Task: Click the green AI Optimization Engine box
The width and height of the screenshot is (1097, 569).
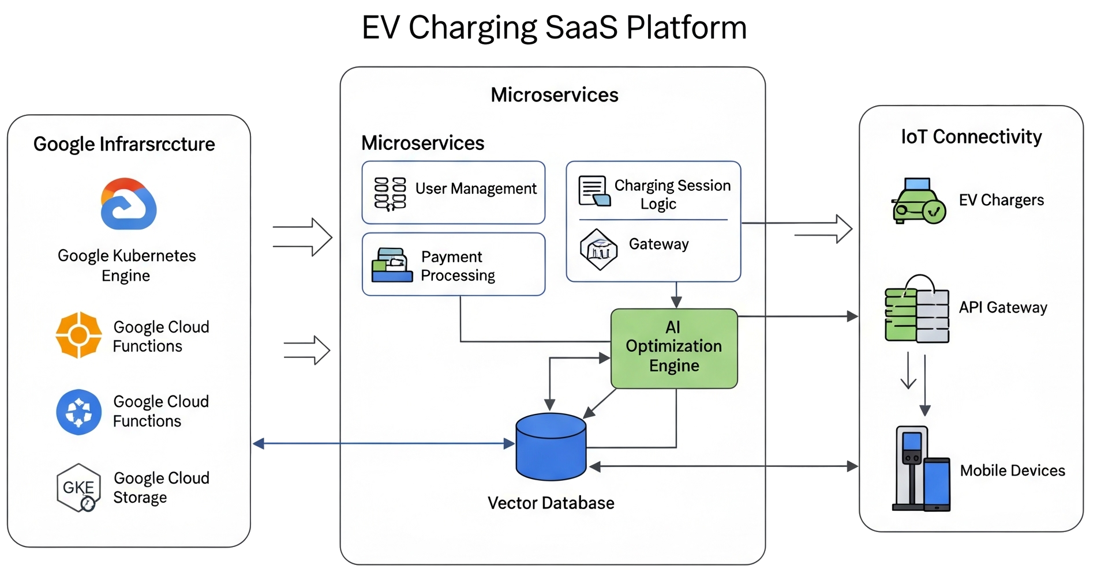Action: (674, 348)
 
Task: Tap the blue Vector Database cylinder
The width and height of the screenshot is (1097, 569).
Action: (551, 447)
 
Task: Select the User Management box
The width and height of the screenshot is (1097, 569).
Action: (454, 192)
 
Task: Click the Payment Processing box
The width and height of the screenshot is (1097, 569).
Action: (454, 264)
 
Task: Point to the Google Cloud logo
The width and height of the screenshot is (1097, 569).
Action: (129, 204)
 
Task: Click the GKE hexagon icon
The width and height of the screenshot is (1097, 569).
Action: (79, 488)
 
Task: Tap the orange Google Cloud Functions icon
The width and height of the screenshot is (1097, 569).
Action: (79, 335)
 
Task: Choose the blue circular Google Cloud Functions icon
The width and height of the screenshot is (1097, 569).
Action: (79, 412)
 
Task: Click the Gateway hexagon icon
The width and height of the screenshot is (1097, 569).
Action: (598, 249)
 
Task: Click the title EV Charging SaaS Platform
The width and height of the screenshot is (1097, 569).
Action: (554, 27)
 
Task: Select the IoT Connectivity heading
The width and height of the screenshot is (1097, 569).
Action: (971, 137)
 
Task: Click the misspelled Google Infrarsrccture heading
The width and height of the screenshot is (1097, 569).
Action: (124, 144)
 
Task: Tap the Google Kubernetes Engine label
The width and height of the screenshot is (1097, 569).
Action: (126, 265)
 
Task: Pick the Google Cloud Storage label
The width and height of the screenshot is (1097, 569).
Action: (161, 488)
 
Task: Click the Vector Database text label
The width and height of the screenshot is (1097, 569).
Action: (551, 503)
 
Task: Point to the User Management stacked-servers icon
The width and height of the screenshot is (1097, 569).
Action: (390, 193)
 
